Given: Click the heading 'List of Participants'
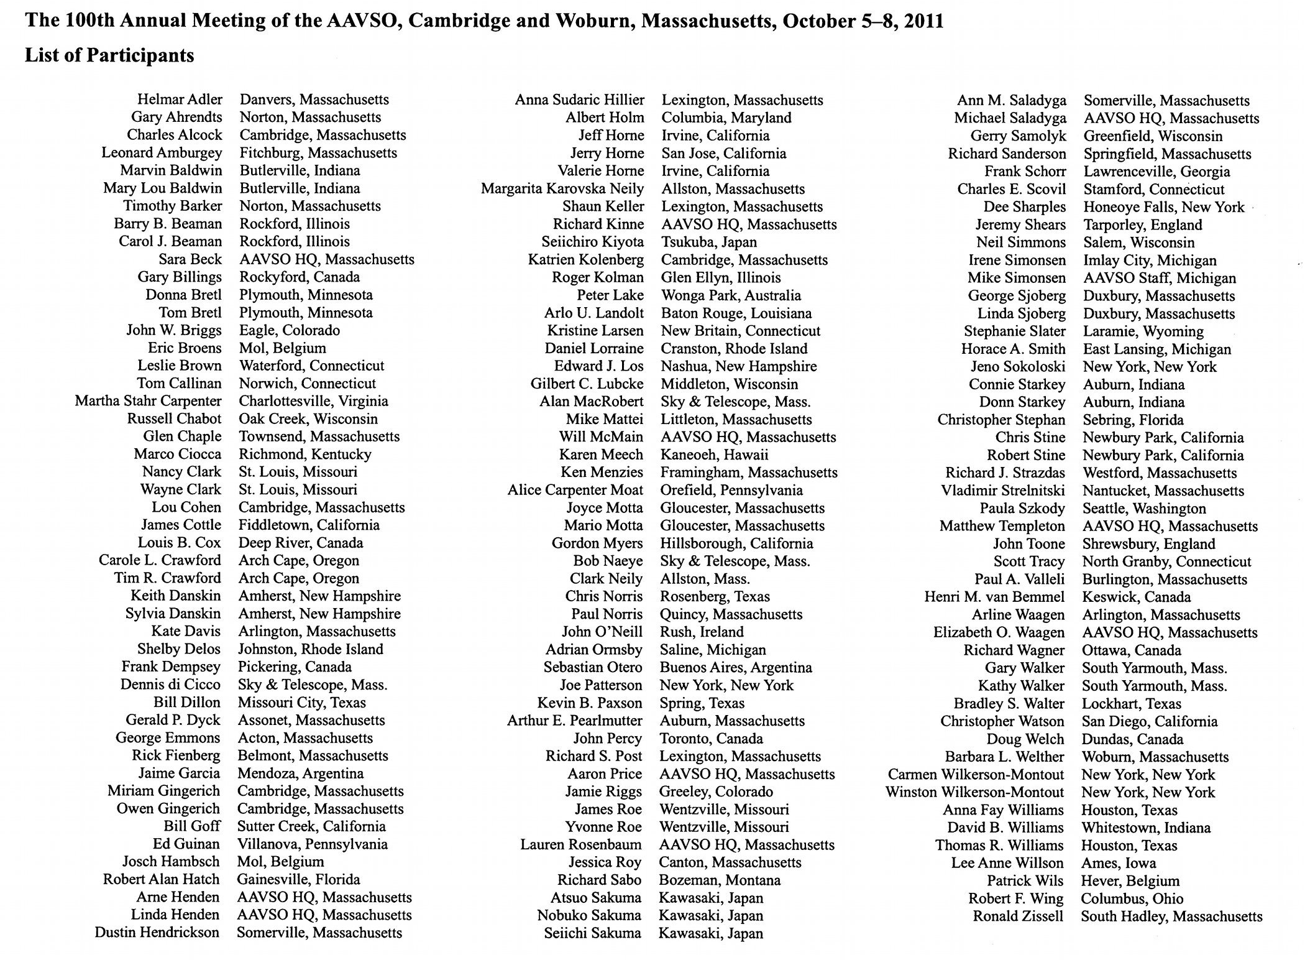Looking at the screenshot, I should coord(109,55).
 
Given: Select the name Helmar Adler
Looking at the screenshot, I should coord(180,99).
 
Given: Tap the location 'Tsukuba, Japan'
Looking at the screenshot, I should coord(709,242).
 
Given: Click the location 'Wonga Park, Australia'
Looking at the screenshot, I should coord(731,295).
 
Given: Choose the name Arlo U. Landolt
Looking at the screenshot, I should coord(594,313).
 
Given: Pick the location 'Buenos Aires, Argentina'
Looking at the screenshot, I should coord(736,667).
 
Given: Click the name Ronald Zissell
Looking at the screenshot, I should coord(1019,916).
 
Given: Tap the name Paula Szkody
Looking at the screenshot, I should coord(1022,508).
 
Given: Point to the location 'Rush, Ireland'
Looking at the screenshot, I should coord(702,632).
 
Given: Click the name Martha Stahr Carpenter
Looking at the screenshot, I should coord(148,401).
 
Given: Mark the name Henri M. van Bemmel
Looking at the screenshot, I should coord(994,597).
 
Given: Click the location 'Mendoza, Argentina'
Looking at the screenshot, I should coord(300,773).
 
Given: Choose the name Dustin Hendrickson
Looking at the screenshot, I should coord(157,932).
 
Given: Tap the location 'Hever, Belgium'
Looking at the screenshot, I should coord(1130,880).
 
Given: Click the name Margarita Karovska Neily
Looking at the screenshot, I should coord(562,188).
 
